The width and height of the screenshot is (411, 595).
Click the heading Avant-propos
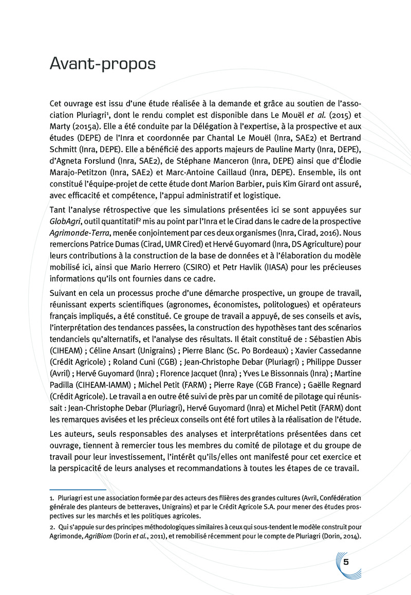103,65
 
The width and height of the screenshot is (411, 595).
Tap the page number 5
346,562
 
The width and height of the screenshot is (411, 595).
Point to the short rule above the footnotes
77,490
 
